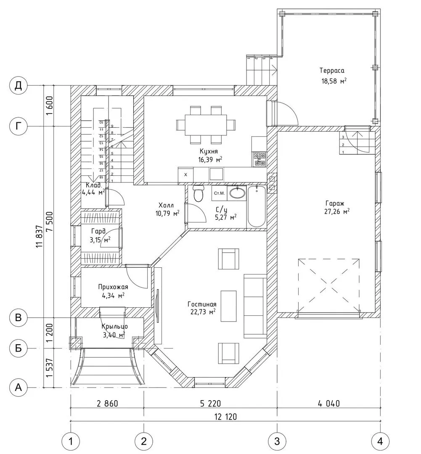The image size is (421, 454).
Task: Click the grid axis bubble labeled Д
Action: pyautogui.click(x=18, y=86)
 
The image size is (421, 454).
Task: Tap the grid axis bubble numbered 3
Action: pyautogui.click(x=277, y=441)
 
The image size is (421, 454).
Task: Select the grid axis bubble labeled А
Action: pyautogui.click(x=18, y=387)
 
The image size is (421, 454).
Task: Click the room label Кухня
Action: pyautogui.click(x=209, y=151)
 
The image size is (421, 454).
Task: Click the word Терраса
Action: pyautogui.click(x=332, y=70)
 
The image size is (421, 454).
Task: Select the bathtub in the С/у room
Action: pyautogui.click(x=257, y=207)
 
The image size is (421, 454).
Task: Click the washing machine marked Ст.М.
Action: pyautogui.click(x=220, y=193)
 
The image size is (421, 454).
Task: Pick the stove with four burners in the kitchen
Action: pyautogui.click(x=259, y=158)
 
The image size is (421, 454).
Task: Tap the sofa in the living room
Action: pyautogui.click(x=255, y=306)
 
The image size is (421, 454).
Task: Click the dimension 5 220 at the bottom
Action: pyautogui.click(x=210, y=404)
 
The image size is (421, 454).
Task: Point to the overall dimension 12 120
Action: pyautogui.click(x=225, y=417)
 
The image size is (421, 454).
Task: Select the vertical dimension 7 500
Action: pyautogui.click(x=50, y=221)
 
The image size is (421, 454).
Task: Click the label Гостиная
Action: pyautogui.click(x=202, y=304)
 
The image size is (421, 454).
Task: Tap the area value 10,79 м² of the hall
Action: pyautogui.click(x=167, y=213)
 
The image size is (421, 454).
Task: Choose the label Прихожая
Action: pyautogui.click(x=113, y=287)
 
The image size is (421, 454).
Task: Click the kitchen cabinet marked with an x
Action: pyautogui.click(x=185, y=174)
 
